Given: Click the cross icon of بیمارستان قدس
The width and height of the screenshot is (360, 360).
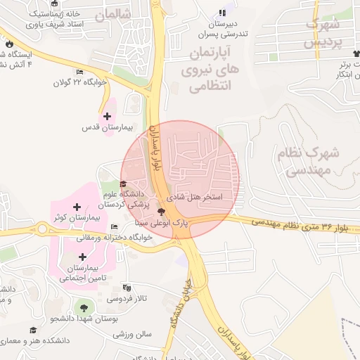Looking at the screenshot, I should tap(107, 116).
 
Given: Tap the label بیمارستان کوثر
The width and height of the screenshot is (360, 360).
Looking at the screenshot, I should tap(79, 219).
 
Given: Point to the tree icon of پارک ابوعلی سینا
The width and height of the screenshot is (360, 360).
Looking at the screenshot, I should tap(162, 212).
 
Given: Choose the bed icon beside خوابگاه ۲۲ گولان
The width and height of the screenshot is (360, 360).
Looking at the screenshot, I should tap(79, 72).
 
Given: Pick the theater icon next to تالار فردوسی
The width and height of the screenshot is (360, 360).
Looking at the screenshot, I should tap(127, 288).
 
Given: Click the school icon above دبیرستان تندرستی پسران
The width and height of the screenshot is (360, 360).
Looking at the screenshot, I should tap(223, 13).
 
